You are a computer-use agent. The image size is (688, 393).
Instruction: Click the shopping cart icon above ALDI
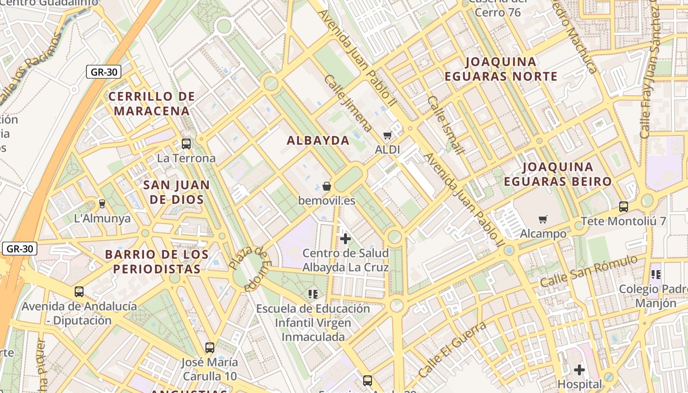(x=388, y=135)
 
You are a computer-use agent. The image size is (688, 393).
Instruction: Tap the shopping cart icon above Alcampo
(x=543, y=219)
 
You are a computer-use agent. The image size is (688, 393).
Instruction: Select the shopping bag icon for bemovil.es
(x=327, y=186)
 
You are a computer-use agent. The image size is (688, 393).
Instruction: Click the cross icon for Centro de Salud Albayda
(x=345, y=239)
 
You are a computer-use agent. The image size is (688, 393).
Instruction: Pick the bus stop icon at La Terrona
(x=186, y=143)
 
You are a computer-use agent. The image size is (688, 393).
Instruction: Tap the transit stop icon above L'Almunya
(x=102, y=203)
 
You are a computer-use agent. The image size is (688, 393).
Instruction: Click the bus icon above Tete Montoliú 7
(x=624, y=206)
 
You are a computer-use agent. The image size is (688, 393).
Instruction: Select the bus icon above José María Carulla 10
(x=210, y=347)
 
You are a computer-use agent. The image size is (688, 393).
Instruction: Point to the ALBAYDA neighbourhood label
(x=318, y=140)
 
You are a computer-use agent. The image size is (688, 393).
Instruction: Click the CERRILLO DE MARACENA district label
(x=152, y=103)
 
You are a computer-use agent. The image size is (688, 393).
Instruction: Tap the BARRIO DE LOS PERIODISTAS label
(x=157, y=261)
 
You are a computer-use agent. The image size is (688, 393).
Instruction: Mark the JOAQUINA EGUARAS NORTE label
(x=501, y=69)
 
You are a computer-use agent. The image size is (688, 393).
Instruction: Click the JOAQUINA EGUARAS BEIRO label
(x=558, y=174)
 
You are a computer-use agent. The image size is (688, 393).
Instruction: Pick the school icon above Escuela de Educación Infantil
(x=313, y=294)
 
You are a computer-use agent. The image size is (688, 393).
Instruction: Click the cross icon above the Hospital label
(x=579, y=369)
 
